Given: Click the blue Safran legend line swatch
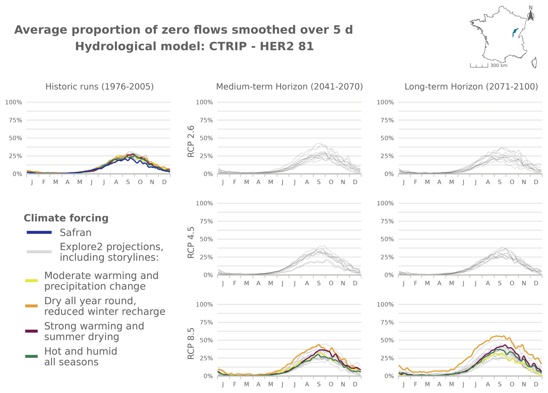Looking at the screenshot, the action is pos(39,232).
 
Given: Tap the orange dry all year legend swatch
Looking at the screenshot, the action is pos(32,306).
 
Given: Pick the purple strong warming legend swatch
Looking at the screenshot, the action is pos(32,331).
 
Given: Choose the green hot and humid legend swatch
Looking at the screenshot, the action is pos(32,356).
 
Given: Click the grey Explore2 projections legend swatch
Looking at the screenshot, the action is pos(39,252).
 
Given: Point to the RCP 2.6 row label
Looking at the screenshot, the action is pos(191,142).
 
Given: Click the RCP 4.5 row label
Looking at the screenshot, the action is pos(191,243).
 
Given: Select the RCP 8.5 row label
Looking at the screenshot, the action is pos(191,344).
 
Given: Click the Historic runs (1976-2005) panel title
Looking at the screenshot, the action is pos(100,87).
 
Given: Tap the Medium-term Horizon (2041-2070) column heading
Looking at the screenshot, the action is pos(289,87).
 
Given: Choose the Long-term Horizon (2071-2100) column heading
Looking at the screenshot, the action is pos(471,87).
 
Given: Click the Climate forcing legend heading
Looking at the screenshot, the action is pos(66,218).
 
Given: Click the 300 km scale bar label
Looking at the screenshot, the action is pos(499,65).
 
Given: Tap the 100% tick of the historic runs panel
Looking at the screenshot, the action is pos(14,102).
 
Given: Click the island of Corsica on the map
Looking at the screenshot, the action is pos(535,63).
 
